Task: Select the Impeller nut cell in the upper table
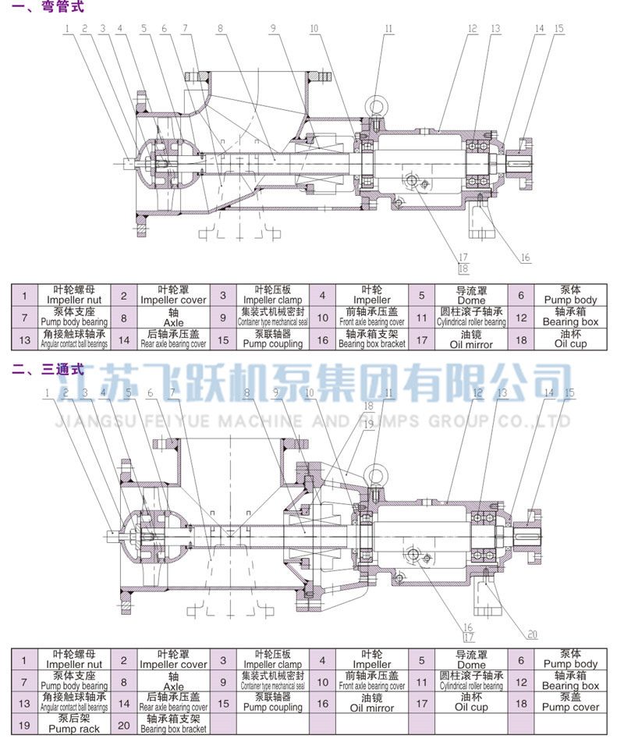tap(73, 295)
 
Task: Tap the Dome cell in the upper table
tap(470, 295)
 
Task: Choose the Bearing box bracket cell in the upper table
tap(371, 339)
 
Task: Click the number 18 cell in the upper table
tap(520, 339)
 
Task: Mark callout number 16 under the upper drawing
tap(525, 257)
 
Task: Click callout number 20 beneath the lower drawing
tap(533, 634)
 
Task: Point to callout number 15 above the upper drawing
tap(558, 28)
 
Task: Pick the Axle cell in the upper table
tap(173, 317)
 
